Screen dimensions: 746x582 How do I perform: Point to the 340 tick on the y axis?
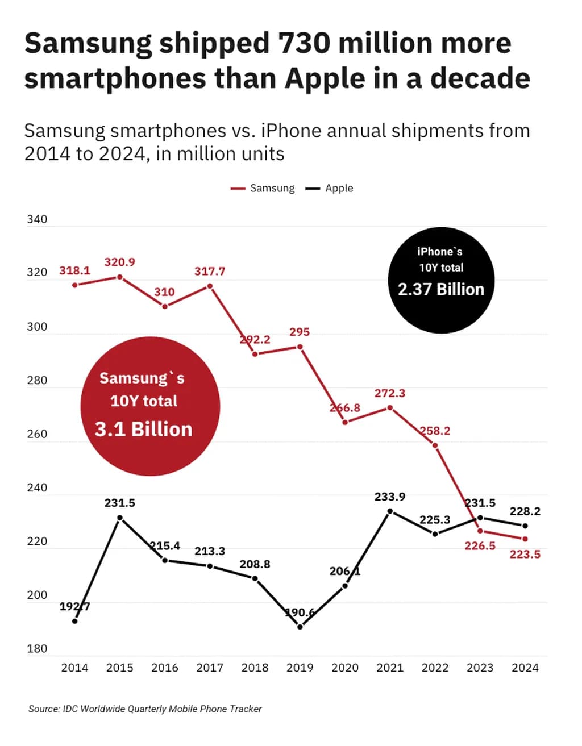pyautogui.click(x=37, y=219)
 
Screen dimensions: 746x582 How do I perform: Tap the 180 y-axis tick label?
pyautogui.click(x=37, y=648)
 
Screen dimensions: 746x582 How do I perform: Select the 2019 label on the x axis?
pyautogui.click(x=300, y=668)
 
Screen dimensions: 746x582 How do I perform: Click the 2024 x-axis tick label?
pyautogui.click(x=525, y=668)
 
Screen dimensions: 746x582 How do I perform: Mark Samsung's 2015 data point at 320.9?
pyautogui.click(x=120, y=277)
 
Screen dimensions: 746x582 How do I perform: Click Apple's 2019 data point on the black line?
pyautogui.click(x=300, y=627)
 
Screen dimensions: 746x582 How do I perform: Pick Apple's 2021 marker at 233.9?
pyautogui.click(x=390, y=511)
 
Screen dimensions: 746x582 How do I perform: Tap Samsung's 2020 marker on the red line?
pyautogui.click(x=345, y=422)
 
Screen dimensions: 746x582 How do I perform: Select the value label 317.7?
pyautogui.click(x=210, y=272)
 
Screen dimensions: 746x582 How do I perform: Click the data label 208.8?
pyautogui.click(x=255, y=564)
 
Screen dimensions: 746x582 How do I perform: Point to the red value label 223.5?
pyautogui.click(x=525, y=554)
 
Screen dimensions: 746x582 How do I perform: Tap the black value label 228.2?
pyautogui.click(x=525, y=511)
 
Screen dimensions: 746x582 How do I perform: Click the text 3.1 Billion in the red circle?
pyautogui.click(x=144, y=429)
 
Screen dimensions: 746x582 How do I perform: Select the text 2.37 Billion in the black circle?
pyautogui.click(x=441, y=289)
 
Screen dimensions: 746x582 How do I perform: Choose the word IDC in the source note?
pyautogui.click(x=70, y=709)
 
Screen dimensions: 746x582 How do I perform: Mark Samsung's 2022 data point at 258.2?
pyautogui.click(x=435, y=445)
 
